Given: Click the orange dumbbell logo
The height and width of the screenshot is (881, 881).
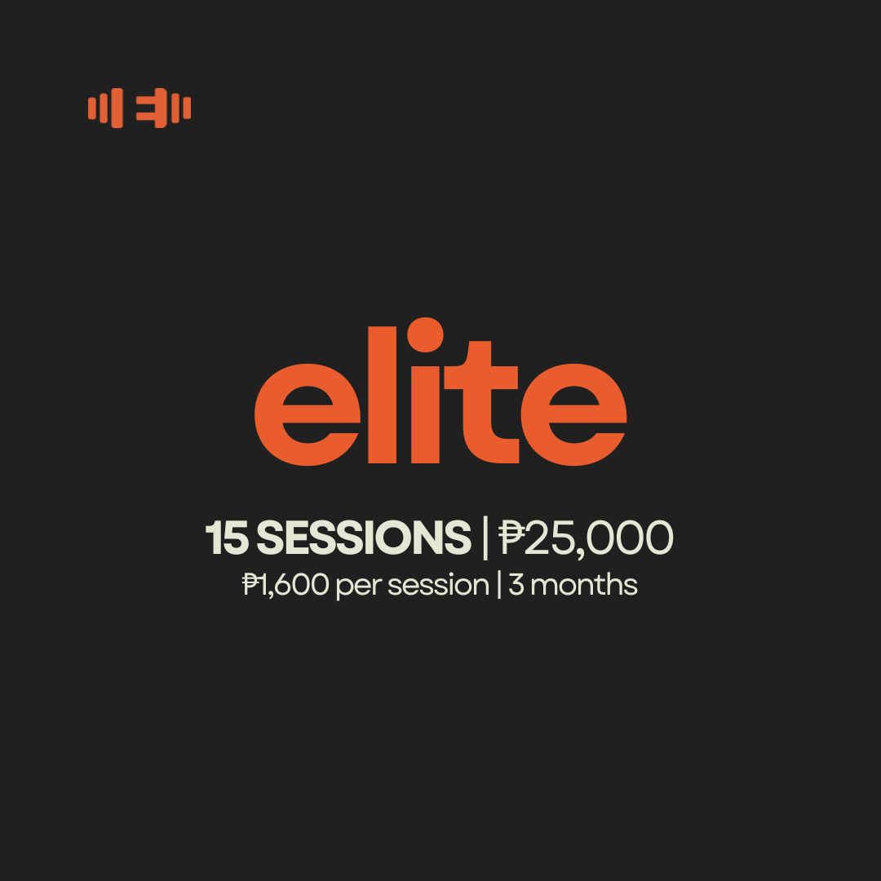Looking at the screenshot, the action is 139,108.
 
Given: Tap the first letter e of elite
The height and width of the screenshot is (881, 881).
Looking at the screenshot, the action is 308,414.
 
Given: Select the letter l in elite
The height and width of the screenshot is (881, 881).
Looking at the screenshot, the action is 382,395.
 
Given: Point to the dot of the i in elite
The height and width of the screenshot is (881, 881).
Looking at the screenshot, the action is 425,335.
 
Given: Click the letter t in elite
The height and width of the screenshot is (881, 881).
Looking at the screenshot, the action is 481,402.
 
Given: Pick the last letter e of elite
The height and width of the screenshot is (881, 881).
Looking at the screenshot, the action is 573,414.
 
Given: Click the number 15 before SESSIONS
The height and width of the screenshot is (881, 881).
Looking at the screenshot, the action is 227,538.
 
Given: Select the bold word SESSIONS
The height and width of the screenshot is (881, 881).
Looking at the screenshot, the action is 364,538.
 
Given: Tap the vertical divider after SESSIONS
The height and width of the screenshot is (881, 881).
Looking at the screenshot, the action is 485,538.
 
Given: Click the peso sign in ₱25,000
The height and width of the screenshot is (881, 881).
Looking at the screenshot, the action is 511,538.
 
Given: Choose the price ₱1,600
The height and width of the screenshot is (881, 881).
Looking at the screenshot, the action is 286,585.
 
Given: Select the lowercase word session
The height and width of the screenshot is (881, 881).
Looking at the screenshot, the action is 438,585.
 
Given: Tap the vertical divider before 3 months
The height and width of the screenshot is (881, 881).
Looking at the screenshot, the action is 499,585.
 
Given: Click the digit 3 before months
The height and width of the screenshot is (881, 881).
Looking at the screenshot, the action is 516,585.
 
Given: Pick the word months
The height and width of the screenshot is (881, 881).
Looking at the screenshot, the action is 584,584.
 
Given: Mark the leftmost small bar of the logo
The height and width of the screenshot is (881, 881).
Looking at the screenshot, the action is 92,108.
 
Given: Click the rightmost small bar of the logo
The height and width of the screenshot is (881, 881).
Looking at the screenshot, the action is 187,108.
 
